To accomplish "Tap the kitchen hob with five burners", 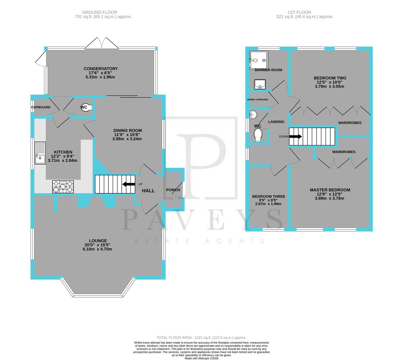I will pos(63,187).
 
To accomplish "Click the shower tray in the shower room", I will pos(259,60).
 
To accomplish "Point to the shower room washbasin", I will pos(260,84).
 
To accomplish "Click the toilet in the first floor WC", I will pos(258,135).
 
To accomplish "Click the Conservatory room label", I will pos(100,69).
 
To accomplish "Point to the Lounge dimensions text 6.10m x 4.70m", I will pos(98,249).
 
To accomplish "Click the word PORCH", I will pos(173,190).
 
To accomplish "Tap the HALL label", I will pos(148,191).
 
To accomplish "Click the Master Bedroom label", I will pos(330,190).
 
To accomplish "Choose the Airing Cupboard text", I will pos(258,100).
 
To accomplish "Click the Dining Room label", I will pos(127,130).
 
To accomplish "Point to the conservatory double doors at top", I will pos(101,43).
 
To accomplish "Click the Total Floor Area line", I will pos(201,337).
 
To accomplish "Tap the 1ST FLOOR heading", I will pos(305,12).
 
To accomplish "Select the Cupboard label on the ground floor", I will pos(41,107).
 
